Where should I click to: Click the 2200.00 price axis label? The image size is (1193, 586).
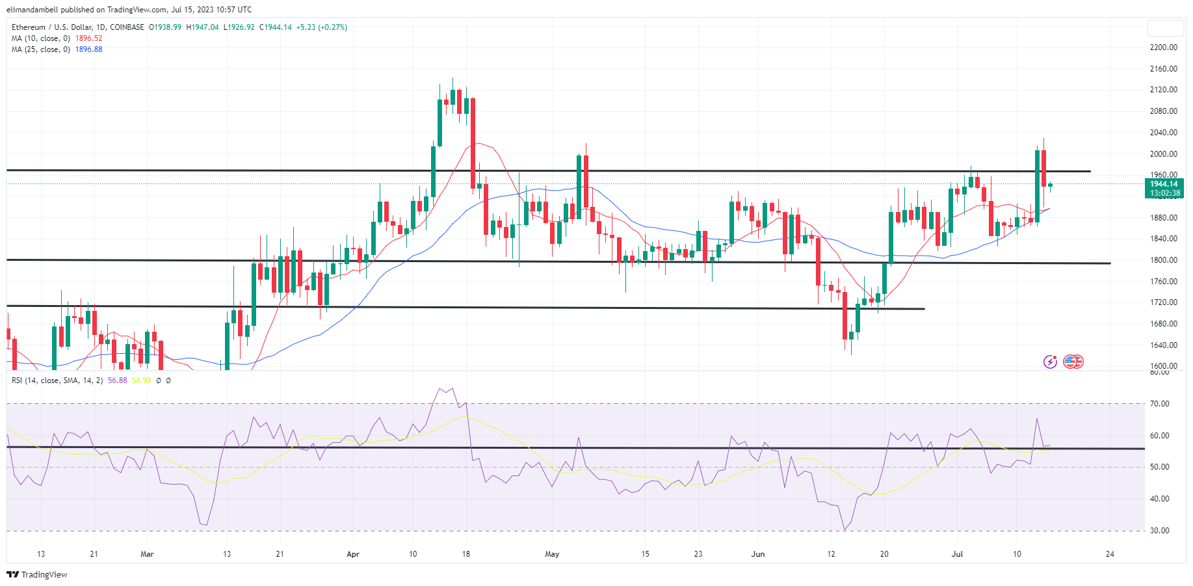tap(1163, 47)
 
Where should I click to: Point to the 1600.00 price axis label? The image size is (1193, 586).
tap(1163, 366)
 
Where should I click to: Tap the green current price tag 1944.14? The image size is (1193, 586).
tap(1164, 184)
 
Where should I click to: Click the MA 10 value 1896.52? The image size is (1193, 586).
tap(88, 38)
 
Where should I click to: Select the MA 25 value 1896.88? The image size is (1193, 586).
tap(88, 49)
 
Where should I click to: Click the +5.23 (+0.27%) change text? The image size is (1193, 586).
tap(321, 27)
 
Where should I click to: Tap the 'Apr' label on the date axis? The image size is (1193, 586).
tap(353, 554)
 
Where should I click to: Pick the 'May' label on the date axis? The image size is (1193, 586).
tap(552, 554)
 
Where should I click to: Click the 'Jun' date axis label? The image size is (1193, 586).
tap(758, 554)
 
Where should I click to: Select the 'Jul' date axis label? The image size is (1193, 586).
tap(957, 554)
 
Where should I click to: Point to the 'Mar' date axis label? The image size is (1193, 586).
tap(148, 554)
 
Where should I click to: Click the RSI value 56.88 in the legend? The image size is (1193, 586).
tap(118, 380)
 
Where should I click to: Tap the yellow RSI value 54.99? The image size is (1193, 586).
tap(141, 380)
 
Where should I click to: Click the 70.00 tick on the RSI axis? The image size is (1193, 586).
tap(1159, 404)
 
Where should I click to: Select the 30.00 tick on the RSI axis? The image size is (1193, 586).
tap(1159, 531)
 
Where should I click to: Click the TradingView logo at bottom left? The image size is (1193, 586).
tap(37, 574)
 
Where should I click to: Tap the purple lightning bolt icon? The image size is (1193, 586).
tap(1050, 362)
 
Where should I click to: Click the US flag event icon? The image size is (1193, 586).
tap(1073, 362)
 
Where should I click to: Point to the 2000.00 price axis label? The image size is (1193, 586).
tap(1163, 154)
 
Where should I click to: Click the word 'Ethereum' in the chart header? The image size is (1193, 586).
tap(29, 27)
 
